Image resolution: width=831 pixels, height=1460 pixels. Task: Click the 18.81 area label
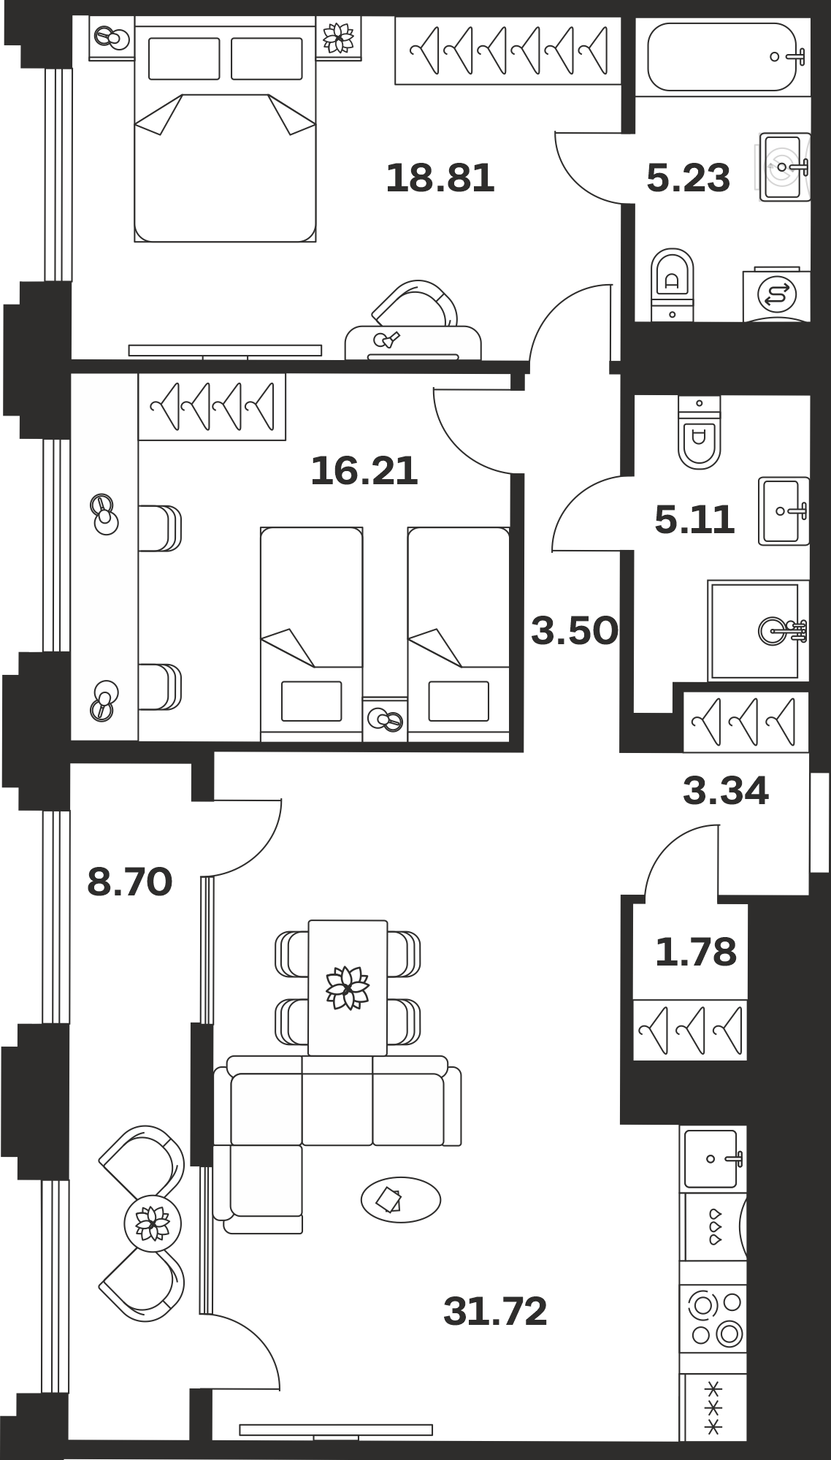click(440, 178)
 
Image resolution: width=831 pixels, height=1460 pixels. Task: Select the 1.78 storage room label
click(696, 952)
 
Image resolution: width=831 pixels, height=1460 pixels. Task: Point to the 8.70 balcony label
click(130, 882)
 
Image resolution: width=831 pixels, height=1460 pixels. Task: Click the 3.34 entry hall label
click(726, 791)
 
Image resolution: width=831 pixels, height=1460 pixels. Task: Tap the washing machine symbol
click(776, 295)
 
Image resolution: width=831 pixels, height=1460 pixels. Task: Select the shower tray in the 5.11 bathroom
click(758, 631)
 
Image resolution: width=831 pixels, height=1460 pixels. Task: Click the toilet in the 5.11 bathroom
click(699, 432)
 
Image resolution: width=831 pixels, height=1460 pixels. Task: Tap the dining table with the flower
click(348, 987)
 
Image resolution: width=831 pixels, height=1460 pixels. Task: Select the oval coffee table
click(401, 1199)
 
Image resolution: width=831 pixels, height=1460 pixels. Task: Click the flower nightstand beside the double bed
click(339, 37)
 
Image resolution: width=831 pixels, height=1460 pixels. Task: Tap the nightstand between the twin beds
click(385, 719)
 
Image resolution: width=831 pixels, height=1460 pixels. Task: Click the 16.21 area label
click(364, 471)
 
